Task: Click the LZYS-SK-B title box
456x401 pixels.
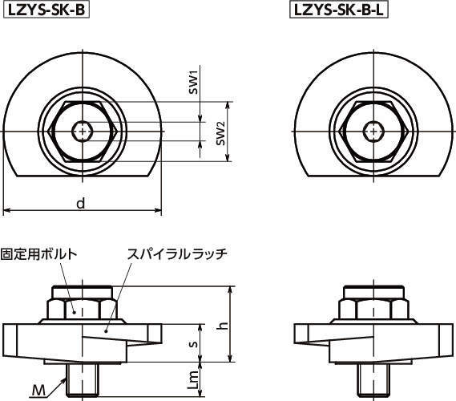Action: [46, 10]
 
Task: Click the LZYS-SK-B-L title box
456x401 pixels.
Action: [339, 10]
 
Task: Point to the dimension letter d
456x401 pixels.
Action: [81, 203]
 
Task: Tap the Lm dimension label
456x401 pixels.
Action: [193, 380]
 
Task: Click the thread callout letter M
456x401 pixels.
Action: [38, 391]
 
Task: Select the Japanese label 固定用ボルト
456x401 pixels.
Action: [39, 253]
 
